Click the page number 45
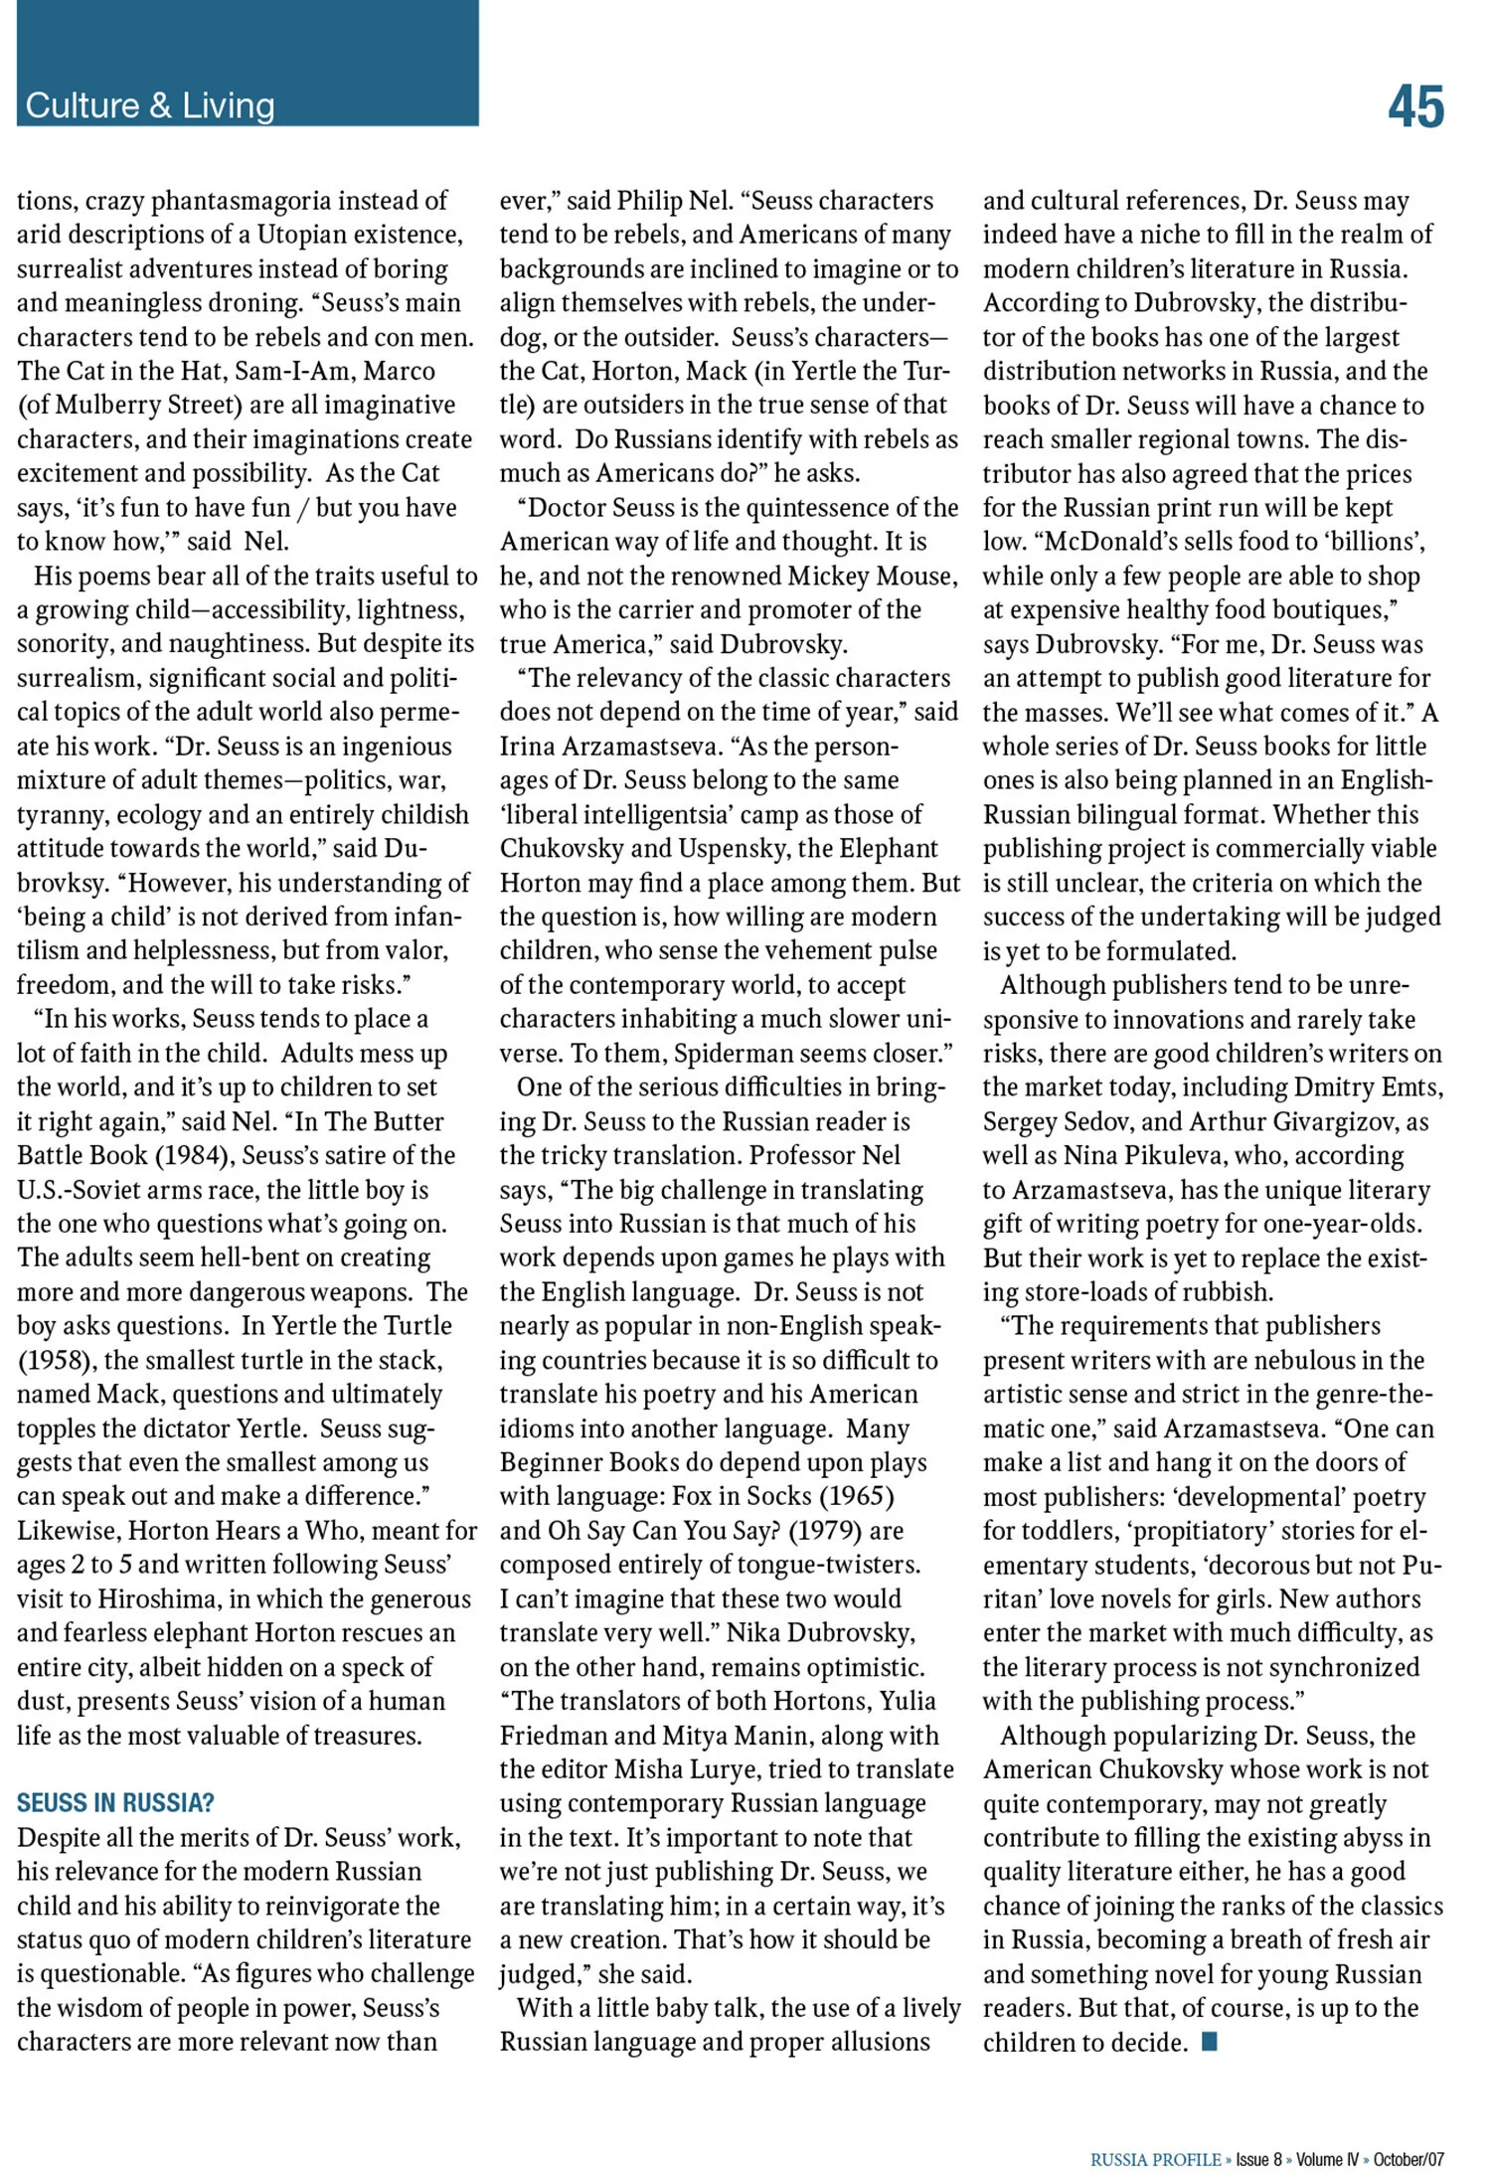coord(1415,106)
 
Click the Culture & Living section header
coord(150,105)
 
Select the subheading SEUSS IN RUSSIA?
coord(115,1802)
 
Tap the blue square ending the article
coord(1210,2042)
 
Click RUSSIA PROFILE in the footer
coord(1155,2159)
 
